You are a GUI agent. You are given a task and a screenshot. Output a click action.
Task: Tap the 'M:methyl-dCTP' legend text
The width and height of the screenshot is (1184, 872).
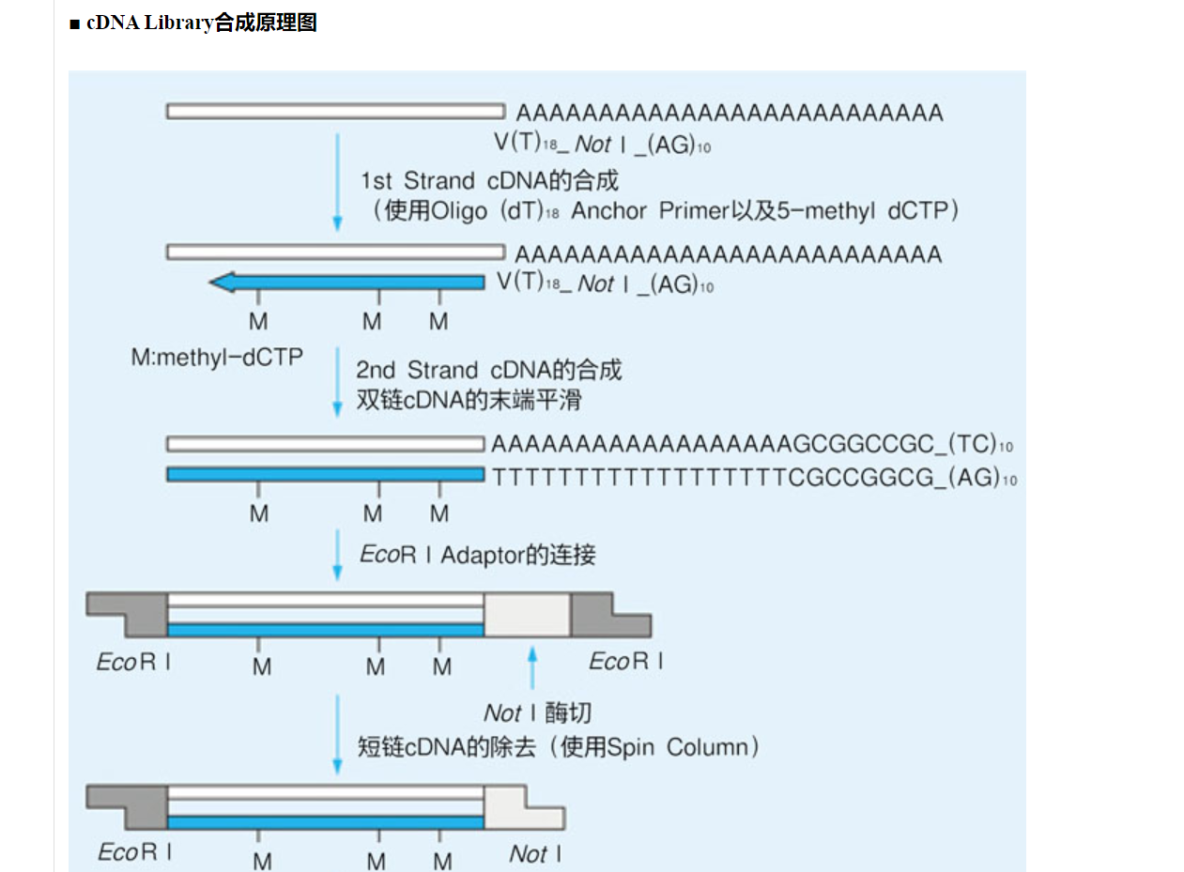click(x=216, y=358)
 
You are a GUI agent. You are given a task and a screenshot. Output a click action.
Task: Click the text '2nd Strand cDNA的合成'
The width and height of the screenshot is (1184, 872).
click(x=488, y=370)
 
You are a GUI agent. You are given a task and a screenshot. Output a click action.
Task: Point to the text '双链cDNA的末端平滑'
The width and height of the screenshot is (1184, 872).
click(x=469, y=400)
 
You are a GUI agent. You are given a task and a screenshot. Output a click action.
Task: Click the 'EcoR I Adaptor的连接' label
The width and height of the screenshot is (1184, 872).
click(x=478, y=555)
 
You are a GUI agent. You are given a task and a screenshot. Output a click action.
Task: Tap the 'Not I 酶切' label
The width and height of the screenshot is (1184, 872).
click(x=537, y=713)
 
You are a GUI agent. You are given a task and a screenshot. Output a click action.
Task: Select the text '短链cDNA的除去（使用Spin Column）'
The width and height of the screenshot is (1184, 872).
click(x=560, y=747)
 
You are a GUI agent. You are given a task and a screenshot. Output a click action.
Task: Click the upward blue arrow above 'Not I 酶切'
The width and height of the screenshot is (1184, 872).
click(x=532, y=666)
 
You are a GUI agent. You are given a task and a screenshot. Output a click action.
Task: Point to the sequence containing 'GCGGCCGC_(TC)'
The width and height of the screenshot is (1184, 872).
click(x=751, y=444)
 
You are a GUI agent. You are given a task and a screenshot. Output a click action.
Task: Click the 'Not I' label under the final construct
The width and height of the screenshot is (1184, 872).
click(x=535, y=853)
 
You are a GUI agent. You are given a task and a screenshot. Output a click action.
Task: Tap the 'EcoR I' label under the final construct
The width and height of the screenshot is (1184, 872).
click(x=134, y=852)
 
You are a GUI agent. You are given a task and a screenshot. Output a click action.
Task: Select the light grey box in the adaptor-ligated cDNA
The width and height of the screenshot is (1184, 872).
click(x=527, y=616)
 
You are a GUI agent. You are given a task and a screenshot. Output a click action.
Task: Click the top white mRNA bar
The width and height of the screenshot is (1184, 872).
click(x=336, y=111)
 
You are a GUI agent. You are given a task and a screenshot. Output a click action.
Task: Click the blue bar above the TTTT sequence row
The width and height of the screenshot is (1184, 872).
click(x=325, y=475)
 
